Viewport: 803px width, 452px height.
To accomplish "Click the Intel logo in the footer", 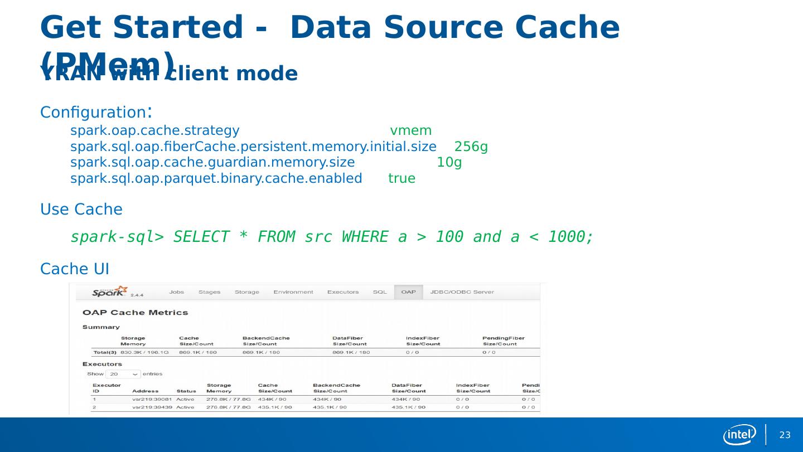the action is coord(739,435).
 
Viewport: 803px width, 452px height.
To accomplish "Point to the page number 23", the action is coord(785,435).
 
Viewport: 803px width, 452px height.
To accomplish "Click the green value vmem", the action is coord(410,131).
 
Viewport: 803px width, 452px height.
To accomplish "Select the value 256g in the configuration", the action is coord(471,147).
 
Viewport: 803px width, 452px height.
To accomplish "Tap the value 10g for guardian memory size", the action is coord(449,163).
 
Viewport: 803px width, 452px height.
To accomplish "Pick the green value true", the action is coord(401,179).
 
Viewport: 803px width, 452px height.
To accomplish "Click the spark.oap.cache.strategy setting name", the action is coord(155,131).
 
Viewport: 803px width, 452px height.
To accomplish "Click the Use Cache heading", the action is coord(81,210).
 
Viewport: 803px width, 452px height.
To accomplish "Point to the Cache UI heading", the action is coord(75,269).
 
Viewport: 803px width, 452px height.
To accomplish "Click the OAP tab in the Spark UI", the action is coord(408,292).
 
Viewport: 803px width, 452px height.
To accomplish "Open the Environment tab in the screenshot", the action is coord(293,292).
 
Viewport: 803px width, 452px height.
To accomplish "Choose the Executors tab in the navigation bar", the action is coord(343,292).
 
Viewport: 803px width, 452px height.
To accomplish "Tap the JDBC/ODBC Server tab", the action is coord(462,292).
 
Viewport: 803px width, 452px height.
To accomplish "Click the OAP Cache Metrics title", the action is coord(135,313).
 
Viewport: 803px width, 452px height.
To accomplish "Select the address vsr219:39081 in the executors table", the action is coord(152,399).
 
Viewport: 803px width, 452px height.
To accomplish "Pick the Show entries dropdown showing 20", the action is coord(124,374).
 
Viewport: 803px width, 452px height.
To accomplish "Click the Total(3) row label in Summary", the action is coord(105,352).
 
